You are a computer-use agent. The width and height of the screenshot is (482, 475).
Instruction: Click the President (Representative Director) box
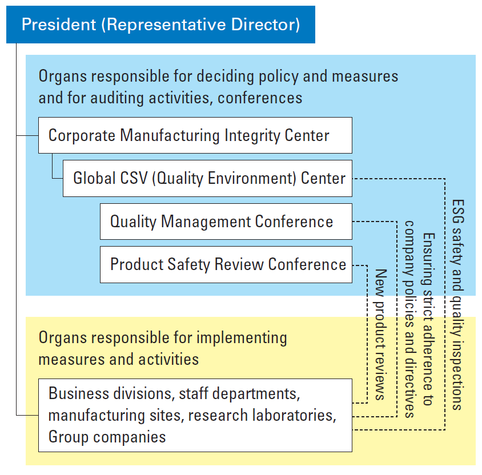(x=160, y=25)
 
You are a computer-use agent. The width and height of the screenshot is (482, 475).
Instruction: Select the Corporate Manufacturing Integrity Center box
(x=195, y=135)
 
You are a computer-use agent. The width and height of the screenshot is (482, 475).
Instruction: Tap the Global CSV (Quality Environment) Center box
(x=207, y=178)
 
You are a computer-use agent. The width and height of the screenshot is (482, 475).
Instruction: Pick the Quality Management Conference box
(x=226, y=221)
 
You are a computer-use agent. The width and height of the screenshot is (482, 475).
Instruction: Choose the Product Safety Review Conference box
(x=226, y=264)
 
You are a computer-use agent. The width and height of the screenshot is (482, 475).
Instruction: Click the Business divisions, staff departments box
(x=195, y=415)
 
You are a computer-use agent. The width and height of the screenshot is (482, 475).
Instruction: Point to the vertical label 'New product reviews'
(x=380, y=335)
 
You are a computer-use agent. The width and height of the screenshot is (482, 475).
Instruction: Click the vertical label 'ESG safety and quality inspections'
(x=457, y=305)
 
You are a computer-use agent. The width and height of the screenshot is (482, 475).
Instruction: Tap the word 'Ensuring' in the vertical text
(x=428, y=259)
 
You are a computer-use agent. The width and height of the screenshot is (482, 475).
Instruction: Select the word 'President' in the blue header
(x=59, y=25)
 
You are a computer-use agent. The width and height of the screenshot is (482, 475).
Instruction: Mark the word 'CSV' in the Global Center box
(x=134, y=178)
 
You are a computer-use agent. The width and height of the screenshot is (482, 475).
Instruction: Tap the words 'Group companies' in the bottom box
(x=107, y=437)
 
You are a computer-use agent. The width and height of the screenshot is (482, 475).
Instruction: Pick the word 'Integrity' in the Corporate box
(x=252, y=136)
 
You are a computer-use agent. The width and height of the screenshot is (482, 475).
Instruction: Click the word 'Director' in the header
(x=266, y=25)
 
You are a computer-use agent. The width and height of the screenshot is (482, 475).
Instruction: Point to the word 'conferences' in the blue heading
(x=260, y=98)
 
